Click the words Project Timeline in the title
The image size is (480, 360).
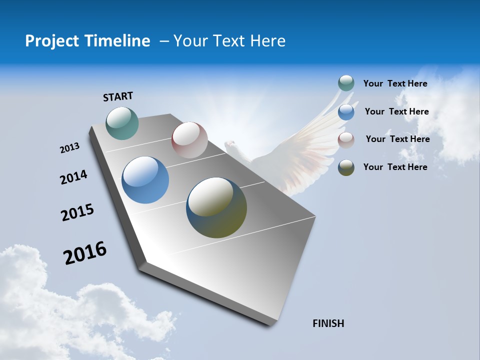pyautogui.click(x=87, y=41)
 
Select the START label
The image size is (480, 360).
pyautogui.click(x=118, y=96)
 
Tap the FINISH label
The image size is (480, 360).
pyautogui.click(x=328, y=323)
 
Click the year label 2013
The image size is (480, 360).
pyautogui.click(x=69, y=148)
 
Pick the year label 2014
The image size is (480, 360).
pyautogui.click(x=73, y=177)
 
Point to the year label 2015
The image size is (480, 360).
pyautogui.click(x=77, y=212)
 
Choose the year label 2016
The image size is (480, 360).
pyautogui.click(x=85, y=252)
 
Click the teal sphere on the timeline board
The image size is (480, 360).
pyautogui.click(x=122, y=123)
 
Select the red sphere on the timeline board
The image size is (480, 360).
pyautogui.click(x=189, y=140)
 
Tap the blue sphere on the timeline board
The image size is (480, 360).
pyautogui.click(x=145, y=180)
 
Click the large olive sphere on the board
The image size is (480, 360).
pyautogui.click(x=216, y=207)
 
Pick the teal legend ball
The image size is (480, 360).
pyautogui.click(x=346, y=83)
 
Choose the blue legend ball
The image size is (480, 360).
pyautogui.click(x=346, y=112)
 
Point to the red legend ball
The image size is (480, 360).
pyautogui.click(x=346, y=140)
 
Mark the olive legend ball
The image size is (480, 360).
pyautogui.click(x=346, y=167)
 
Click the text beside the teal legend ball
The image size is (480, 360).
pyautogui.click(x=395, y=83)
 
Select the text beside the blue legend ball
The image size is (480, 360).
pyautogui.click(x=396, y=111)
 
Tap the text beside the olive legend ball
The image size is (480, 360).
pyautogui.click(x=395, y=167)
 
